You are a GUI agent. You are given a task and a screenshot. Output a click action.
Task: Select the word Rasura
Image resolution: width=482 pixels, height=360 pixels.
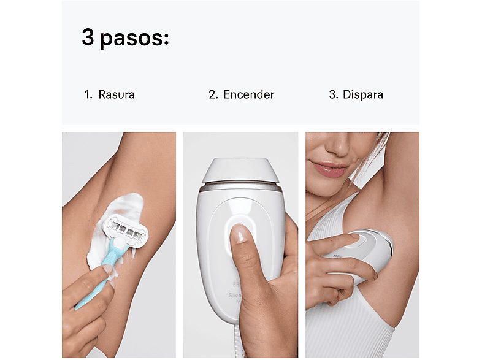(x=116, y=95)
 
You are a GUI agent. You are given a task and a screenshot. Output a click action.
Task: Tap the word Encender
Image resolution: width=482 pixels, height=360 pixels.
(x=248, y=95)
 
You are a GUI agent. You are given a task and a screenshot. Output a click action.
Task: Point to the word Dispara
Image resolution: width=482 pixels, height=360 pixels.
(x=363, y=95)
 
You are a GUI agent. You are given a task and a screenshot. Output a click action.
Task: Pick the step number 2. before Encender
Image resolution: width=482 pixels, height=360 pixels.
(x=213, y=95)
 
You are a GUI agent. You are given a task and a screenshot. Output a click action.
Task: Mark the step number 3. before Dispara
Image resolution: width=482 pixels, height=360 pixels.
(x=334, y=95)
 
